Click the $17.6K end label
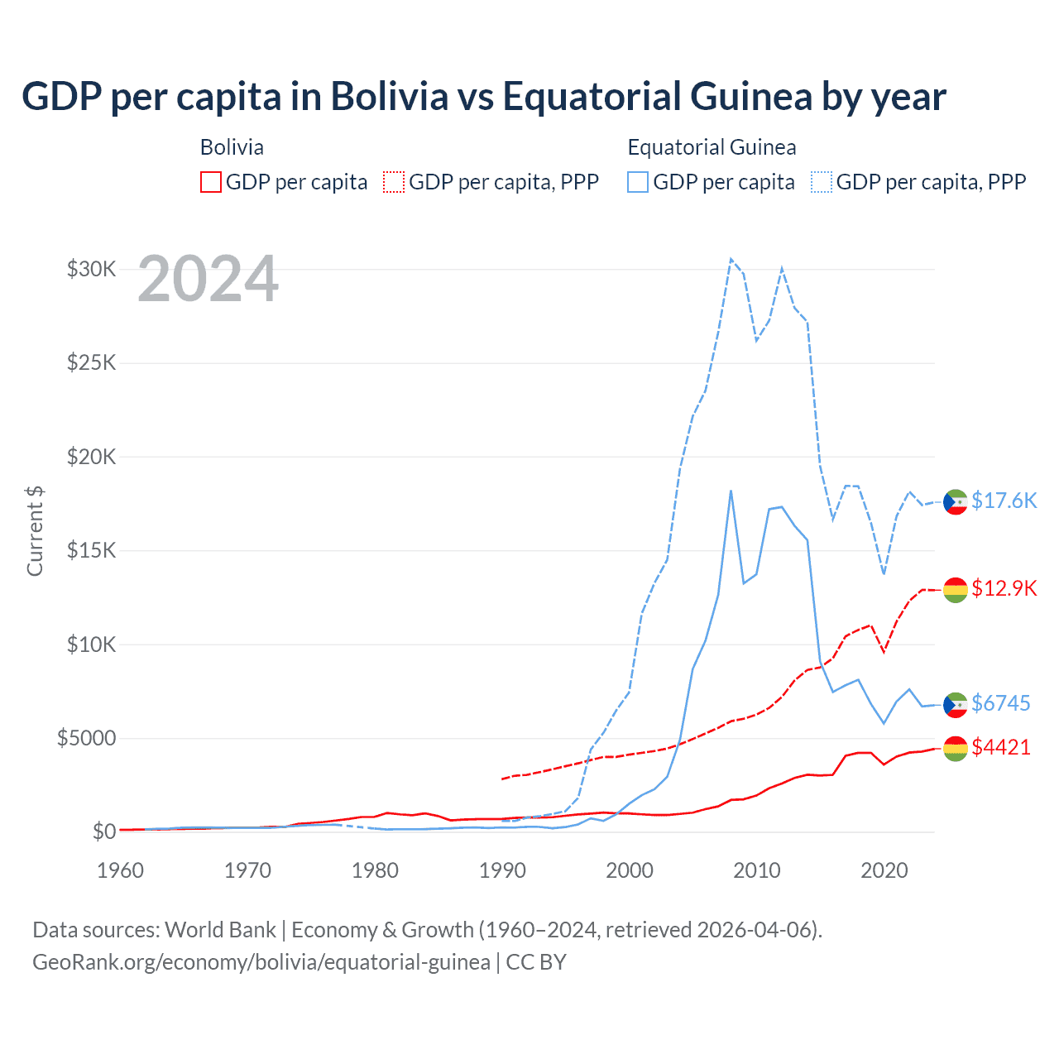coord(1004,501)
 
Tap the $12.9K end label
coord(1004,588)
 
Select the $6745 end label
coord(1001,703)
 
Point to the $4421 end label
coord(1001,747)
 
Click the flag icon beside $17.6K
coord(956,501)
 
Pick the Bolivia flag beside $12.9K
coord(956,589)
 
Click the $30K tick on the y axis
coord(91,269)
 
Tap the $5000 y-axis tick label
coord(86,738)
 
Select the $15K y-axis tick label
coord(91,550)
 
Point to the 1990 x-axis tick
coord(502,870)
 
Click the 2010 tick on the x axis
coord(757,870)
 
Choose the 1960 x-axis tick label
coord(121,870)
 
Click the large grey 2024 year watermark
coord(208,279)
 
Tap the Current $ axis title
coord(35,531)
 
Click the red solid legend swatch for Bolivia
coord(211,182)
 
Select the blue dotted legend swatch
coord(822,182)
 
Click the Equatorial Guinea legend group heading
coord(712,147)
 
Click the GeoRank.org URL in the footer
coord(261,962)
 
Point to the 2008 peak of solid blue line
coord(731,491)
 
